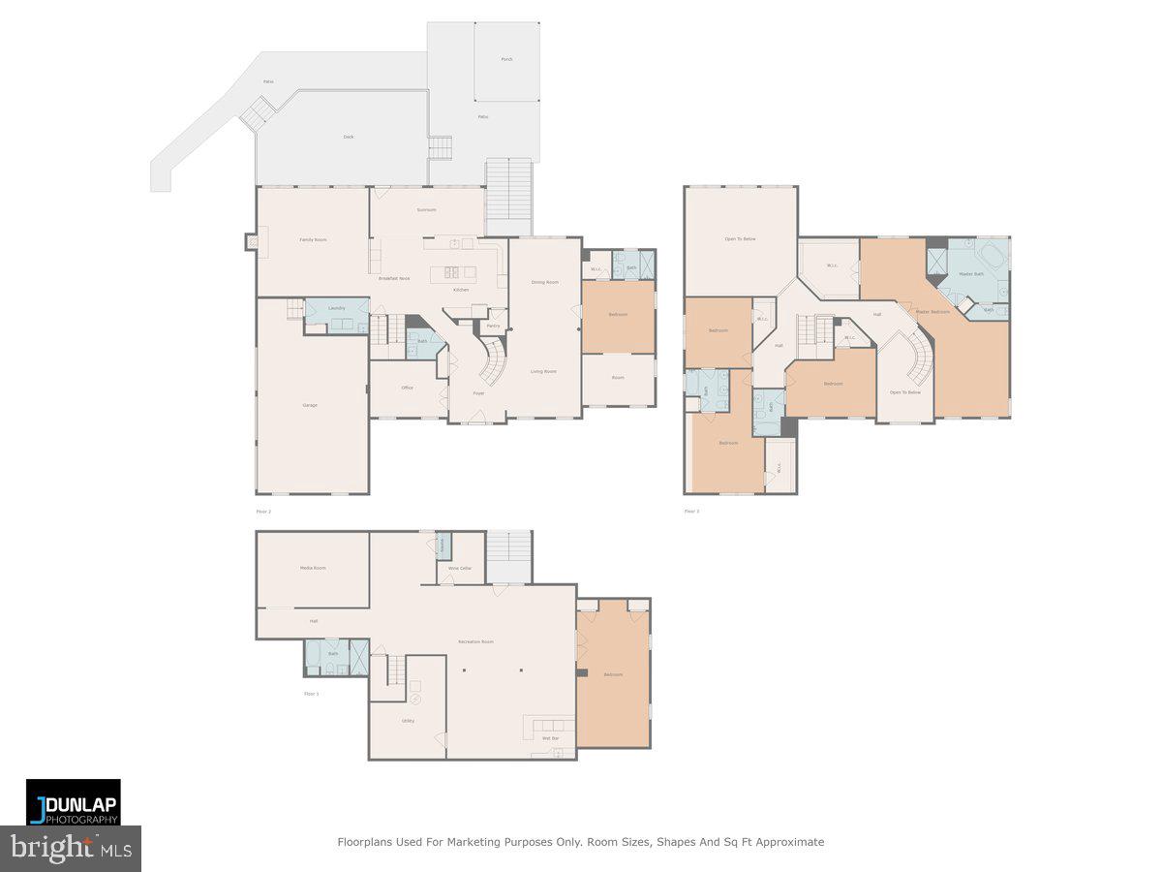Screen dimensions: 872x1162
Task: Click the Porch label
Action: (506, 59)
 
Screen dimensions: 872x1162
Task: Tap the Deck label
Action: (349, 137)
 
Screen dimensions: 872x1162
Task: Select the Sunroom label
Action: (426, 209)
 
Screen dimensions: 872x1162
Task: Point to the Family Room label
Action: (313, 239)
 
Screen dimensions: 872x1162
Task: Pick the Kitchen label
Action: (462, 290)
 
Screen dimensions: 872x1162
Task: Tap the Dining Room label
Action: (545, 282)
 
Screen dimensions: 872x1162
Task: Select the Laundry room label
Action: (337, 308)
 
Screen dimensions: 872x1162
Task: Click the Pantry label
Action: (493, 326)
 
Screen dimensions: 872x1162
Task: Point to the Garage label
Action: (310, 405)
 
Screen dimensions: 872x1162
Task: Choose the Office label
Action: (408, 388)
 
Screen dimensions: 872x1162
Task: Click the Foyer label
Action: (478, 393)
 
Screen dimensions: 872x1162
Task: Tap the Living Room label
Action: (543, 371)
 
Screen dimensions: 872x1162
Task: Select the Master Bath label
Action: (971, 274)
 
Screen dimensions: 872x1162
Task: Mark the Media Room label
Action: (313, 568)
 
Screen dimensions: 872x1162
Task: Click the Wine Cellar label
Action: (460, 568)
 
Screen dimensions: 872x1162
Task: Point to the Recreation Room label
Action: (476, 641)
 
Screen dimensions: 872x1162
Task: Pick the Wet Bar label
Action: (550, 738)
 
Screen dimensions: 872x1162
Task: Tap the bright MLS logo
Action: (71, 849)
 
